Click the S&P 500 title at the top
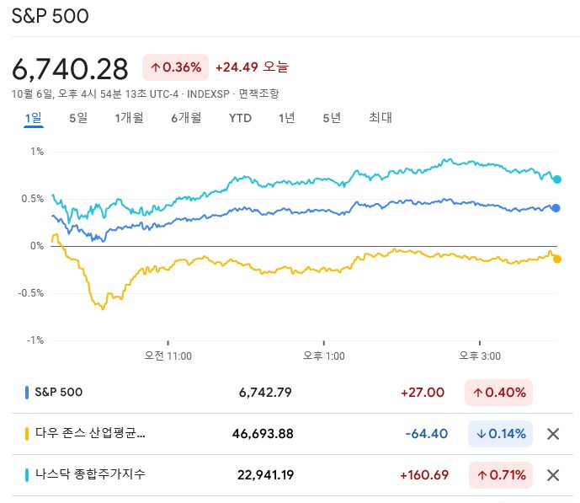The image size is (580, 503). coord(51,17)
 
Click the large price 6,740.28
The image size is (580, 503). coord(70,68)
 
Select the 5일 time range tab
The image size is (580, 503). coord(78,118)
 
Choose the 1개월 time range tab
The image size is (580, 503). coord(129,118)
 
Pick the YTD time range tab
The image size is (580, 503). coord(240,118)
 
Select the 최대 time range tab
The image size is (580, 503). coord(380,118)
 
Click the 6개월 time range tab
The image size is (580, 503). coord(185,118)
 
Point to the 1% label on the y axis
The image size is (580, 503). coord(37,152)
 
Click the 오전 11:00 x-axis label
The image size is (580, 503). coord(168,356)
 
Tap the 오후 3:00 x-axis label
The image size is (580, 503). coord(480,356)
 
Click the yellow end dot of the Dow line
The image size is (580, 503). coord(557,259)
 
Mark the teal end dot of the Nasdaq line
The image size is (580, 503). coord(557,179)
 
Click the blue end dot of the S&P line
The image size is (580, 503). coord(556,208)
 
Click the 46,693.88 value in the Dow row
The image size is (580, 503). coord(263,434)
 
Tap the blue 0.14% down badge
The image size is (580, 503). coord(500,434)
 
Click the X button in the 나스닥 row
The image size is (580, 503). coord(553,474)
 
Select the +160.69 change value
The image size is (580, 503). coord(423,474)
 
